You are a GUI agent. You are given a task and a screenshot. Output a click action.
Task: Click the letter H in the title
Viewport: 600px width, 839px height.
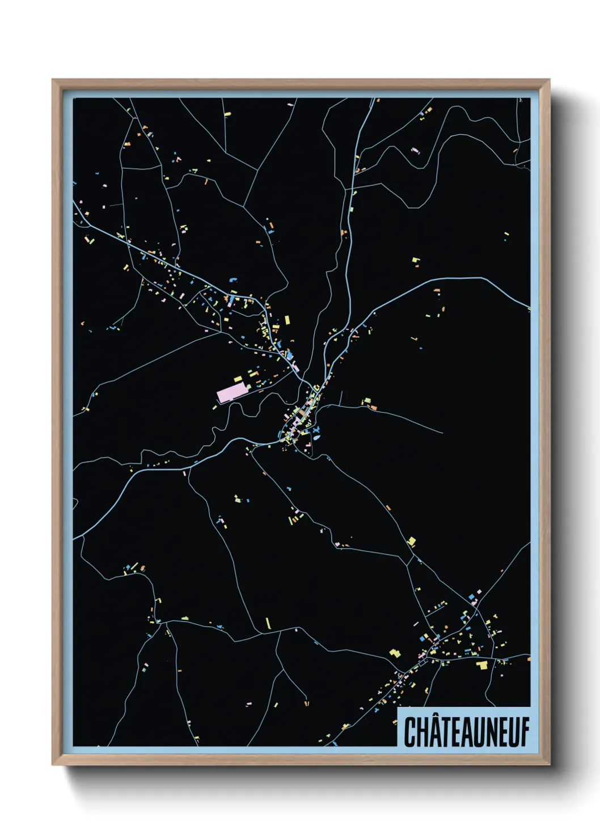point(422,731)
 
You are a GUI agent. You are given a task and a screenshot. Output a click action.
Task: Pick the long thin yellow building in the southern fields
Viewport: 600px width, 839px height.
point(268,623)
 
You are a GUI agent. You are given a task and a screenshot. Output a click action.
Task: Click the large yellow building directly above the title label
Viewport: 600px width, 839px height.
point(483,664)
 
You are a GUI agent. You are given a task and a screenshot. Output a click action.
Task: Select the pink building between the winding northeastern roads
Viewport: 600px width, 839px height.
point(415,150)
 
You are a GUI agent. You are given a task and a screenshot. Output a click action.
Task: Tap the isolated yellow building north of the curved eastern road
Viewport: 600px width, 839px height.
point(416,261)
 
